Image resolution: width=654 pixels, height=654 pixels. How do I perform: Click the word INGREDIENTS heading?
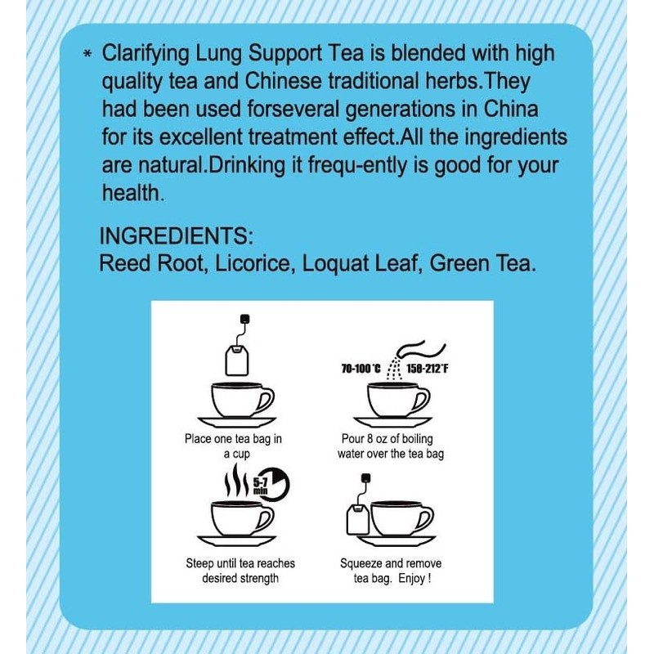coord(176,237)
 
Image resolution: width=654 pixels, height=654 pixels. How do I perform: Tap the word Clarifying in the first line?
coord(148,54)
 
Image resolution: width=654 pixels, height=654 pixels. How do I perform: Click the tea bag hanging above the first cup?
coord(238,357)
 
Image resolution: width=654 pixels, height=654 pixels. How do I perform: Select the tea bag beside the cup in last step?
coord(356,517)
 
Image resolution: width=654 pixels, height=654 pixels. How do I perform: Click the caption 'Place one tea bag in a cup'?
coord(232,446)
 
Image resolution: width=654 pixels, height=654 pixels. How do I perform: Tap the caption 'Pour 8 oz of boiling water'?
coord(391,446)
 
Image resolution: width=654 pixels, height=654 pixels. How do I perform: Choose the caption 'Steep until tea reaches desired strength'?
coord(240,571)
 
